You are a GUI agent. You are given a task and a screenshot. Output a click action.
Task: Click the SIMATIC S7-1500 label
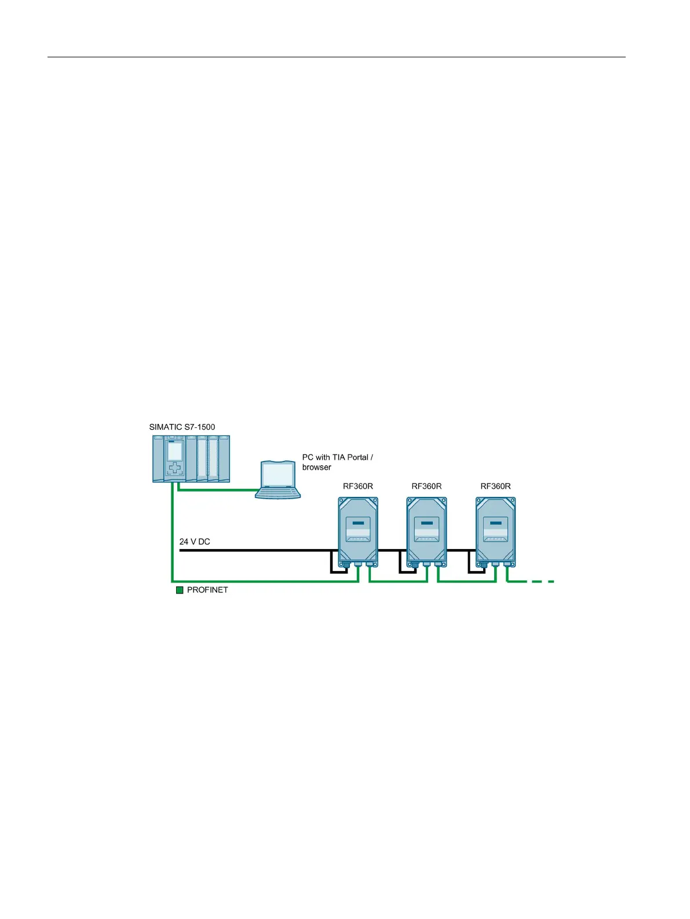pos(182,427)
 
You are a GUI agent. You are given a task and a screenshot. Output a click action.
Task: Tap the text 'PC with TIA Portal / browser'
pos(337,462)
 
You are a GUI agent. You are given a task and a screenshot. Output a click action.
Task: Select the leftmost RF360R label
pos(358,486)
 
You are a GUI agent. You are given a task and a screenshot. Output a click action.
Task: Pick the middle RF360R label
pos(426,486)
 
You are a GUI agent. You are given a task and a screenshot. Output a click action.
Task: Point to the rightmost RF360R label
pos(495,486)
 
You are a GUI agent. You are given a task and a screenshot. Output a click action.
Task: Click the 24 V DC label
pos(195,542)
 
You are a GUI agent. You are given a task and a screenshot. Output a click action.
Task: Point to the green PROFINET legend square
pos(180,590)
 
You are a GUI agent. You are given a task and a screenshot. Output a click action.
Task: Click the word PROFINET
pos(207,590)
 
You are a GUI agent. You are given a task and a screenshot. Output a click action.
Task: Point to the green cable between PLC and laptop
pos(217,490)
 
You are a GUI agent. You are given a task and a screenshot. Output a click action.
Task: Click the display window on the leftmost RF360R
pos(358,529)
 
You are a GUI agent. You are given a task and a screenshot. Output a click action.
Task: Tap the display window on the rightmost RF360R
pos(495,529)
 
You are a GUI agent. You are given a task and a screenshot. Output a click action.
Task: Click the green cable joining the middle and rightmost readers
pos(466,581)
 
